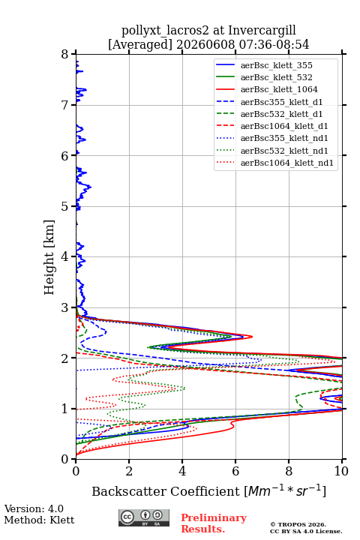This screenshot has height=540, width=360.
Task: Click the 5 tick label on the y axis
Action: [65, 207]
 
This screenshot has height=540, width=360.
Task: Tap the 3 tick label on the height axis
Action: [65, 307]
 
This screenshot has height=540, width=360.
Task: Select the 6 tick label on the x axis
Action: [235, 471]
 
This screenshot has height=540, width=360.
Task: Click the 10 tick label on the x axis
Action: [342, 471]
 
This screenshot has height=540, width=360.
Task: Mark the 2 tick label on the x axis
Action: [129, 471]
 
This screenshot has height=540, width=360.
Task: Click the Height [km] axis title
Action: [49, 257]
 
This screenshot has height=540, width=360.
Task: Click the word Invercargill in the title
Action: [262, 31]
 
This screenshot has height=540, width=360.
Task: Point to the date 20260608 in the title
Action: [206, 44]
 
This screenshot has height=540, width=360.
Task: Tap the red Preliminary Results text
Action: [214, 523]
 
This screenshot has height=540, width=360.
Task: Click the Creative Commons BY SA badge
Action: [144, 518]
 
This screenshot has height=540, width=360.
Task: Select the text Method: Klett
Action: [39, 520]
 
